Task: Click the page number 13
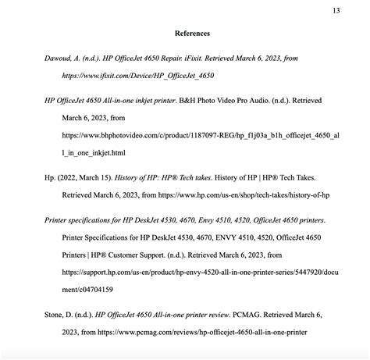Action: [336, 10]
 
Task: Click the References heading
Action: [192, 34]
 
